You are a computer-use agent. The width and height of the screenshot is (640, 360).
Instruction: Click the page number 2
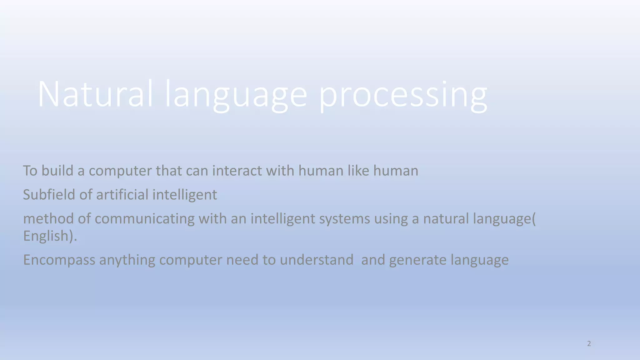point(589,344)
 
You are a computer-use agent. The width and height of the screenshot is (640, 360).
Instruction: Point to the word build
point(57,171)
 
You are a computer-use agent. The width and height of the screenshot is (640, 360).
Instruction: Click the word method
point(48,218)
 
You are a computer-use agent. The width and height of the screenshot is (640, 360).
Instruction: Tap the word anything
point(127,260)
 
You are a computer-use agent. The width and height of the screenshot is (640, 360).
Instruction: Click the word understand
point(316,260)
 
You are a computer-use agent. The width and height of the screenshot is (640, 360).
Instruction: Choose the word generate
point(417,260)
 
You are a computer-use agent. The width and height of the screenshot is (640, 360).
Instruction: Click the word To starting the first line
point(30,171)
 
